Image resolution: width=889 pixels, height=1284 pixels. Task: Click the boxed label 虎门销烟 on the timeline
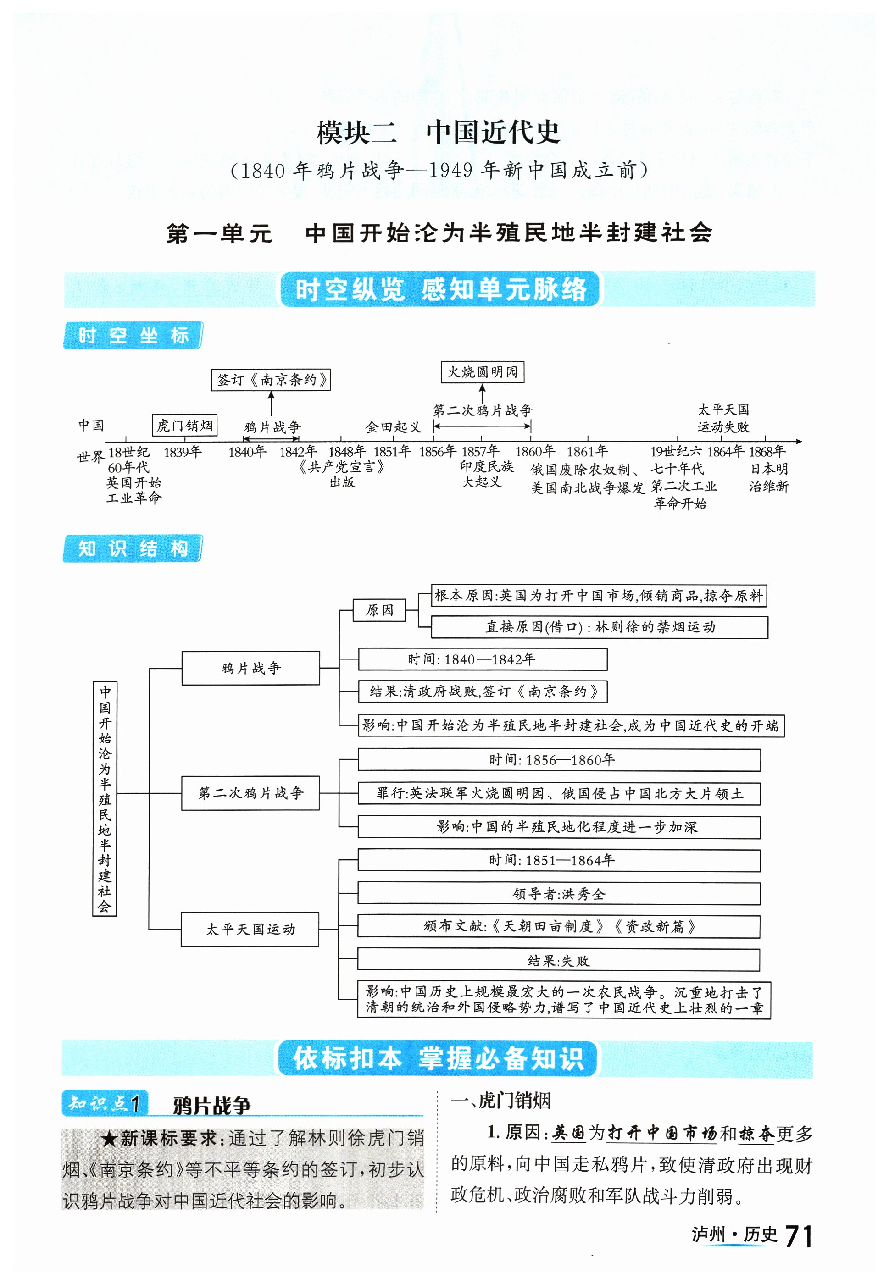(184, 426)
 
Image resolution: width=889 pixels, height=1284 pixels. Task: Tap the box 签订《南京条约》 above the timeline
(271, 380)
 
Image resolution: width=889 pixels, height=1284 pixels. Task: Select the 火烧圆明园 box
(483, 372)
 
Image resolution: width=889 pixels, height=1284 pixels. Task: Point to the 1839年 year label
(182, 452)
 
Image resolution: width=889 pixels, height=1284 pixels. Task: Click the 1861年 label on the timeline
(587, 451)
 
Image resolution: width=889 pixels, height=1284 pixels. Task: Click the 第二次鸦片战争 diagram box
(250, 793)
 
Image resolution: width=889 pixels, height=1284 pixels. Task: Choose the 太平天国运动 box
(250, 930)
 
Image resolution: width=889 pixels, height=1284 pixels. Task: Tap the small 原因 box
(379, 610)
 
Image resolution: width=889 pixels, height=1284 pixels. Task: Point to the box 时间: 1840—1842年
(483, 659)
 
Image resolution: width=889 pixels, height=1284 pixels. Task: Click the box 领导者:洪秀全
(559, 894)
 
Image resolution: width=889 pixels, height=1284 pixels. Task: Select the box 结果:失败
(559, 961)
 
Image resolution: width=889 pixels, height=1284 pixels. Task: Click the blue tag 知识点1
(105, 1103)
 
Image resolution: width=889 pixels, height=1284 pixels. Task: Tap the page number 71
(798, 1237)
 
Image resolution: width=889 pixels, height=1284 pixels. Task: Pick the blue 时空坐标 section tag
(133, 336)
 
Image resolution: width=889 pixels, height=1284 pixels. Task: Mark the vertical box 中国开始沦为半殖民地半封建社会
(105, 798)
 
